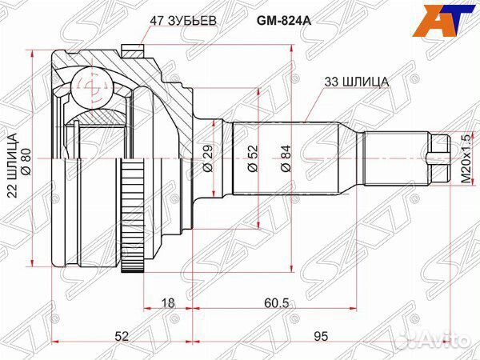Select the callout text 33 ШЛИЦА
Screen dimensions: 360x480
(x=357, y=81)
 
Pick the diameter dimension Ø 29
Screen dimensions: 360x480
(x=207, y=158)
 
